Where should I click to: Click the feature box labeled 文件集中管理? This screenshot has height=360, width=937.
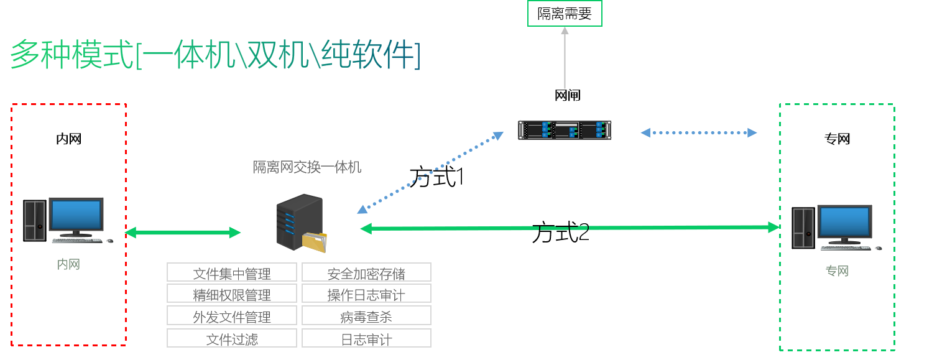click(232, 272)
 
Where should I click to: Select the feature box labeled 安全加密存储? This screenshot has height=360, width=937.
click(366, 272)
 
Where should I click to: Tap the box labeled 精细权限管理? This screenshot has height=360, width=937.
click(232, 293)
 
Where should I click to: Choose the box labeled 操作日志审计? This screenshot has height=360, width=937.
click(366, 293)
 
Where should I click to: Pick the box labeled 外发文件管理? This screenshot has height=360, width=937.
click(232, 316)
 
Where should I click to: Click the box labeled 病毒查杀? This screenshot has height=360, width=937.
click(366, 316)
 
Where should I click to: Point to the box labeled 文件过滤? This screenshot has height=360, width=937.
click(232, 338)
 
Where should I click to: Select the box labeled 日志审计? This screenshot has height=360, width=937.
click(366, 338)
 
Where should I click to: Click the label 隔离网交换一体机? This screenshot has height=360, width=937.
click(307, 167)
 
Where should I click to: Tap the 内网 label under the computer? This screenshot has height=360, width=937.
click(68, 264)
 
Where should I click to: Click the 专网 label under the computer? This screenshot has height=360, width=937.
click(837, 271)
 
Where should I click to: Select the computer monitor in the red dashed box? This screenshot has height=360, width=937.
click(76, 215)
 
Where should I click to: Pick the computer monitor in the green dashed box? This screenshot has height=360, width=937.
click(844, 222)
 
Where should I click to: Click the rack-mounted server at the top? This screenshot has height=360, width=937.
click(565, 129)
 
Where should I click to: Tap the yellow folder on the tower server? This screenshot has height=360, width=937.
click(315, 242)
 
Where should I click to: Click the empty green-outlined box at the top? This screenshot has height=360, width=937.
click(565, 13)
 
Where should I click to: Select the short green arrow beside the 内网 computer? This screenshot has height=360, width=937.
click(183, 233)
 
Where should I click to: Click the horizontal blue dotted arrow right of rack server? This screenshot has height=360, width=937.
click(699, 132)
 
